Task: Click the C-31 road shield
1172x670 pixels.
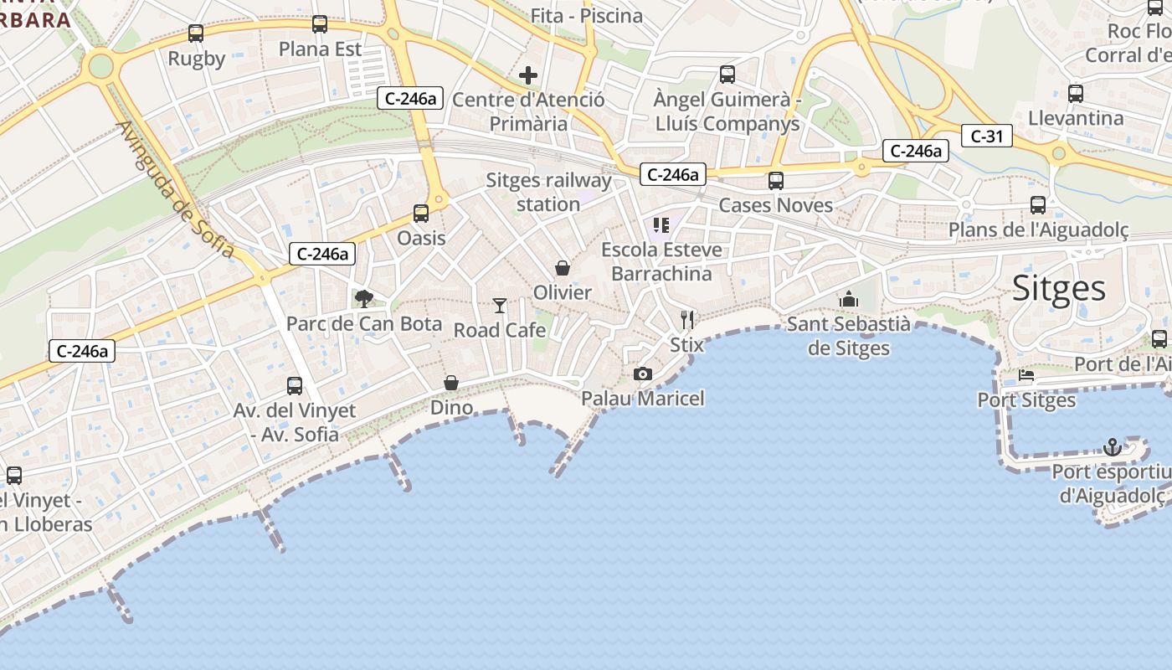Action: [x=987, y=136]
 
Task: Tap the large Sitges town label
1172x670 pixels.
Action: [x=1059, y=288]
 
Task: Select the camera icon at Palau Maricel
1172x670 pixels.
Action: [x=643, y=374]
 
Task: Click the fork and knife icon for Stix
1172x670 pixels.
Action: [x=687, y=319]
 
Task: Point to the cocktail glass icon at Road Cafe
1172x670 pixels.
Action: [x=500, y=306]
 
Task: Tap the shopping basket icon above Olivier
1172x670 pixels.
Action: [x=563, y=268]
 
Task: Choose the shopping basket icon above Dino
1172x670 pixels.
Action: [x=451, y=383]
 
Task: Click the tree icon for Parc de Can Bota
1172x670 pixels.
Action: [x=364, y=298]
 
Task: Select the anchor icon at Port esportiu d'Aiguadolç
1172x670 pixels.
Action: [x=1112, y=447]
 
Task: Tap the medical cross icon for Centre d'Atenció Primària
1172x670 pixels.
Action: [x=528, y=75]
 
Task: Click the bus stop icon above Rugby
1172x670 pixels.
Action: [x=196, y=33]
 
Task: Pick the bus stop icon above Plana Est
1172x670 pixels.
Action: [x=320, y=24]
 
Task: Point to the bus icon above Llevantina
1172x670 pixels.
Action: [x=1076, y=93]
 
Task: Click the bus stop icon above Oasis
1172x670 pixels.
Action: [x=421, y=214]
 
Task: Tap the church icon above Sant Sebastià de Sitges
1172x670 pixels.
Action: [x=849, y=299]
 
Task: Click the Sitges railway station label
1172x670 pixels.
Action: [x=548, y=192]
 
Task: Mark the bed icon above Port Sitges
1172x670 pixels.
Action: [x=1026, y=375]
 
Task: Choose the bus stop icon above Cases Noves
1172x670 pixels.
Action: [x=776, y=180]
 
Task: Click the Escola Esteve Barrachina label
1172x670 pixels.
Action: [x=661, y=261]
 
